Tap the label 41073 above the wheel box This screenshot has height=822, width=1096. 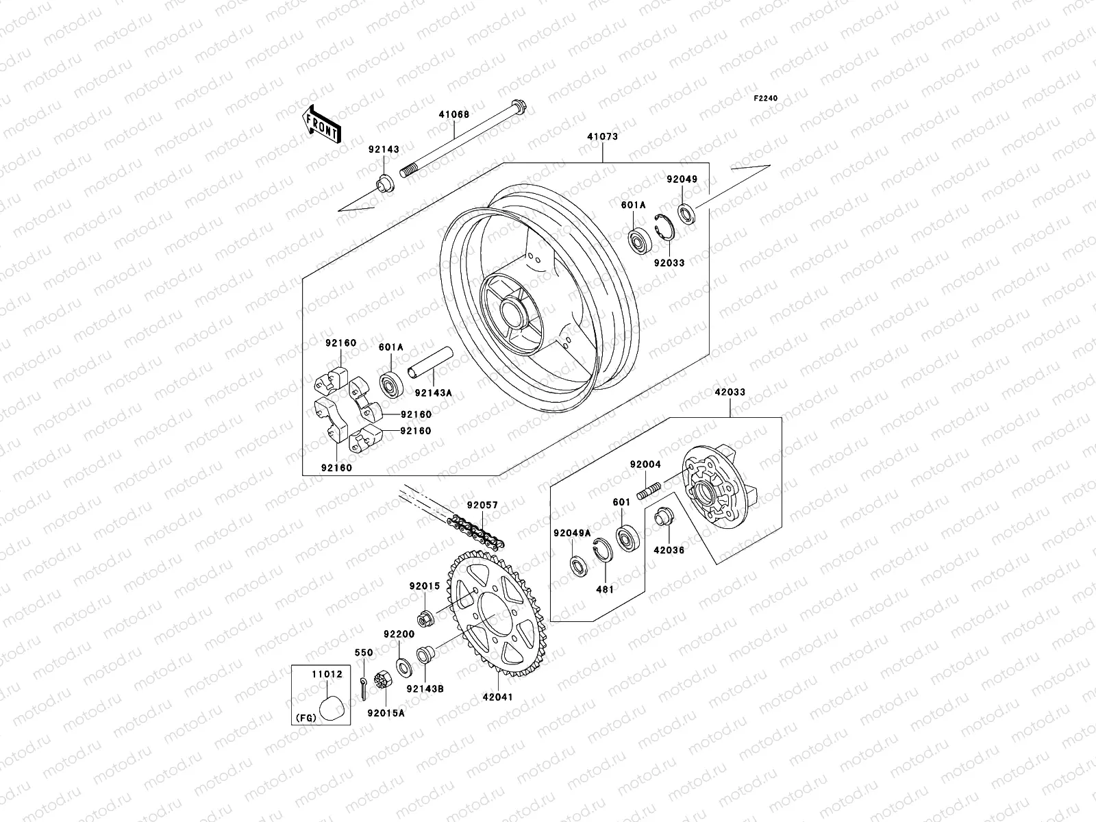(x=602, y=136)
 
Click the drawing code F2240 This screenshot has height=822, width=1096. (x=767, y=99)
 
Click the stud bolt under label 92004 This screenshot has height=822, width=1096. (x=649, y=490)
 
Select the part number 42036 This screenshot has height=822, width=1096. (x=669, y=550)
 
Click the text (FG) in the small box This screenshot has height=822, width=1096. (x=306, y=719)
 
